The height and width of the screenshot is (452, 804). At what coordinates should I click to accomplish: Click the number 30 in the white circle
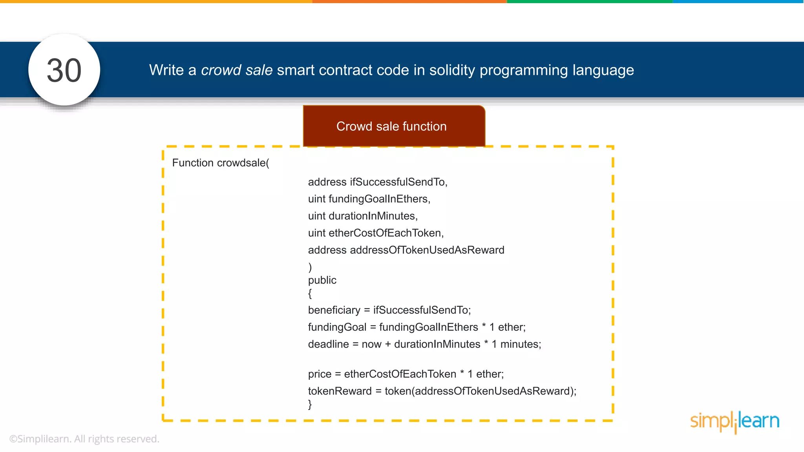coord(64,71)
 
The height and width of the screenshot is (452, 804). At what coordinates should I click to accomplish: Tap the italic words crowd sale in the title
coord(237,70)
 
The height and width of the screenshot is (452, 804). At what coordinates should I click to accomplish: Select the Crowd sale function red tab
coord(394,126)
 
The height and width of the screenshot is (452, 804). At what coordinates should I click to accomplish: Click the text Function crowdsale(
coord(221,163)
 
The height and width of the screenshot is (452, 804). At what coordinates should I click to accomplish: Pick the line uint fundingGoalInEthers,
coord(369,199)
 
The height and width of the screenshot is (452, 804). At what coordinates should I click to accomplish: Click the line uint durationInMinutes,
coord(363,216)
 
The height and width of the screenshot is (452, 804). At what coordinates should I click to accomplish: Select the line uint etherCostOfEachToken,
coord(376,233)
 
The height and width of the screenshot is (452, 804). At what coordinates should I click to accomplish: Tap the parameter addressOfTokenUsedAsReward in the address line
coord(427,250)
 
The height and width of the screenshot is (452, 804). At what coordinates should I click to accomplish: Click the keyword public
coord(322,280)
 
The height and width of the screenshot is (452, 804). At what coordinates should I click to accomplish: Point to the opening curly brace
coord(310,293)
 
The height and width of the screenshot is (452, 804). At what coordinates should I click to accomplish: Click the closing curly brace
coord(310,404)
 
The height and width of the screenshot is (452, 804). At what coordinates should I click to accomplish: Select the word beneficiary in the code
coord(334,310)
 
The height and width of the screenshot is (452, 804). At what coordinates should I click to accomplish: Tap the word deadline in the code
coord(328,344)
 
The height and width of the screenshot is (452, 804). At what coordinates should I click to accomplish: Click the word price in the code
coord(320,374)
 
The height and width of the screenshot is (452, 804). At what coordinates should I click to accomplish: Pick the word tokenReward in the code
coord(340,391)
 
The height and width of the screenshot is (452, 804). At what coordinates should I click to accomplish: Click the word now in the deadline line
coord(371,344)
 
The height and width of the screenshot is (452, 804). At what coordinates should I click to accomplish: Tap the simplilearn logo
coord(735,422)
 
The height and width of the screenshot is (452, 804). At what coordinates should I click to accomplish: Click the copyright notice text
coord(84,439)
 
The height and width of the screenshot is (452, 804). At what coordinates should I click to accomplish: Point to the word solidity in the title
coord(452,70)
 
